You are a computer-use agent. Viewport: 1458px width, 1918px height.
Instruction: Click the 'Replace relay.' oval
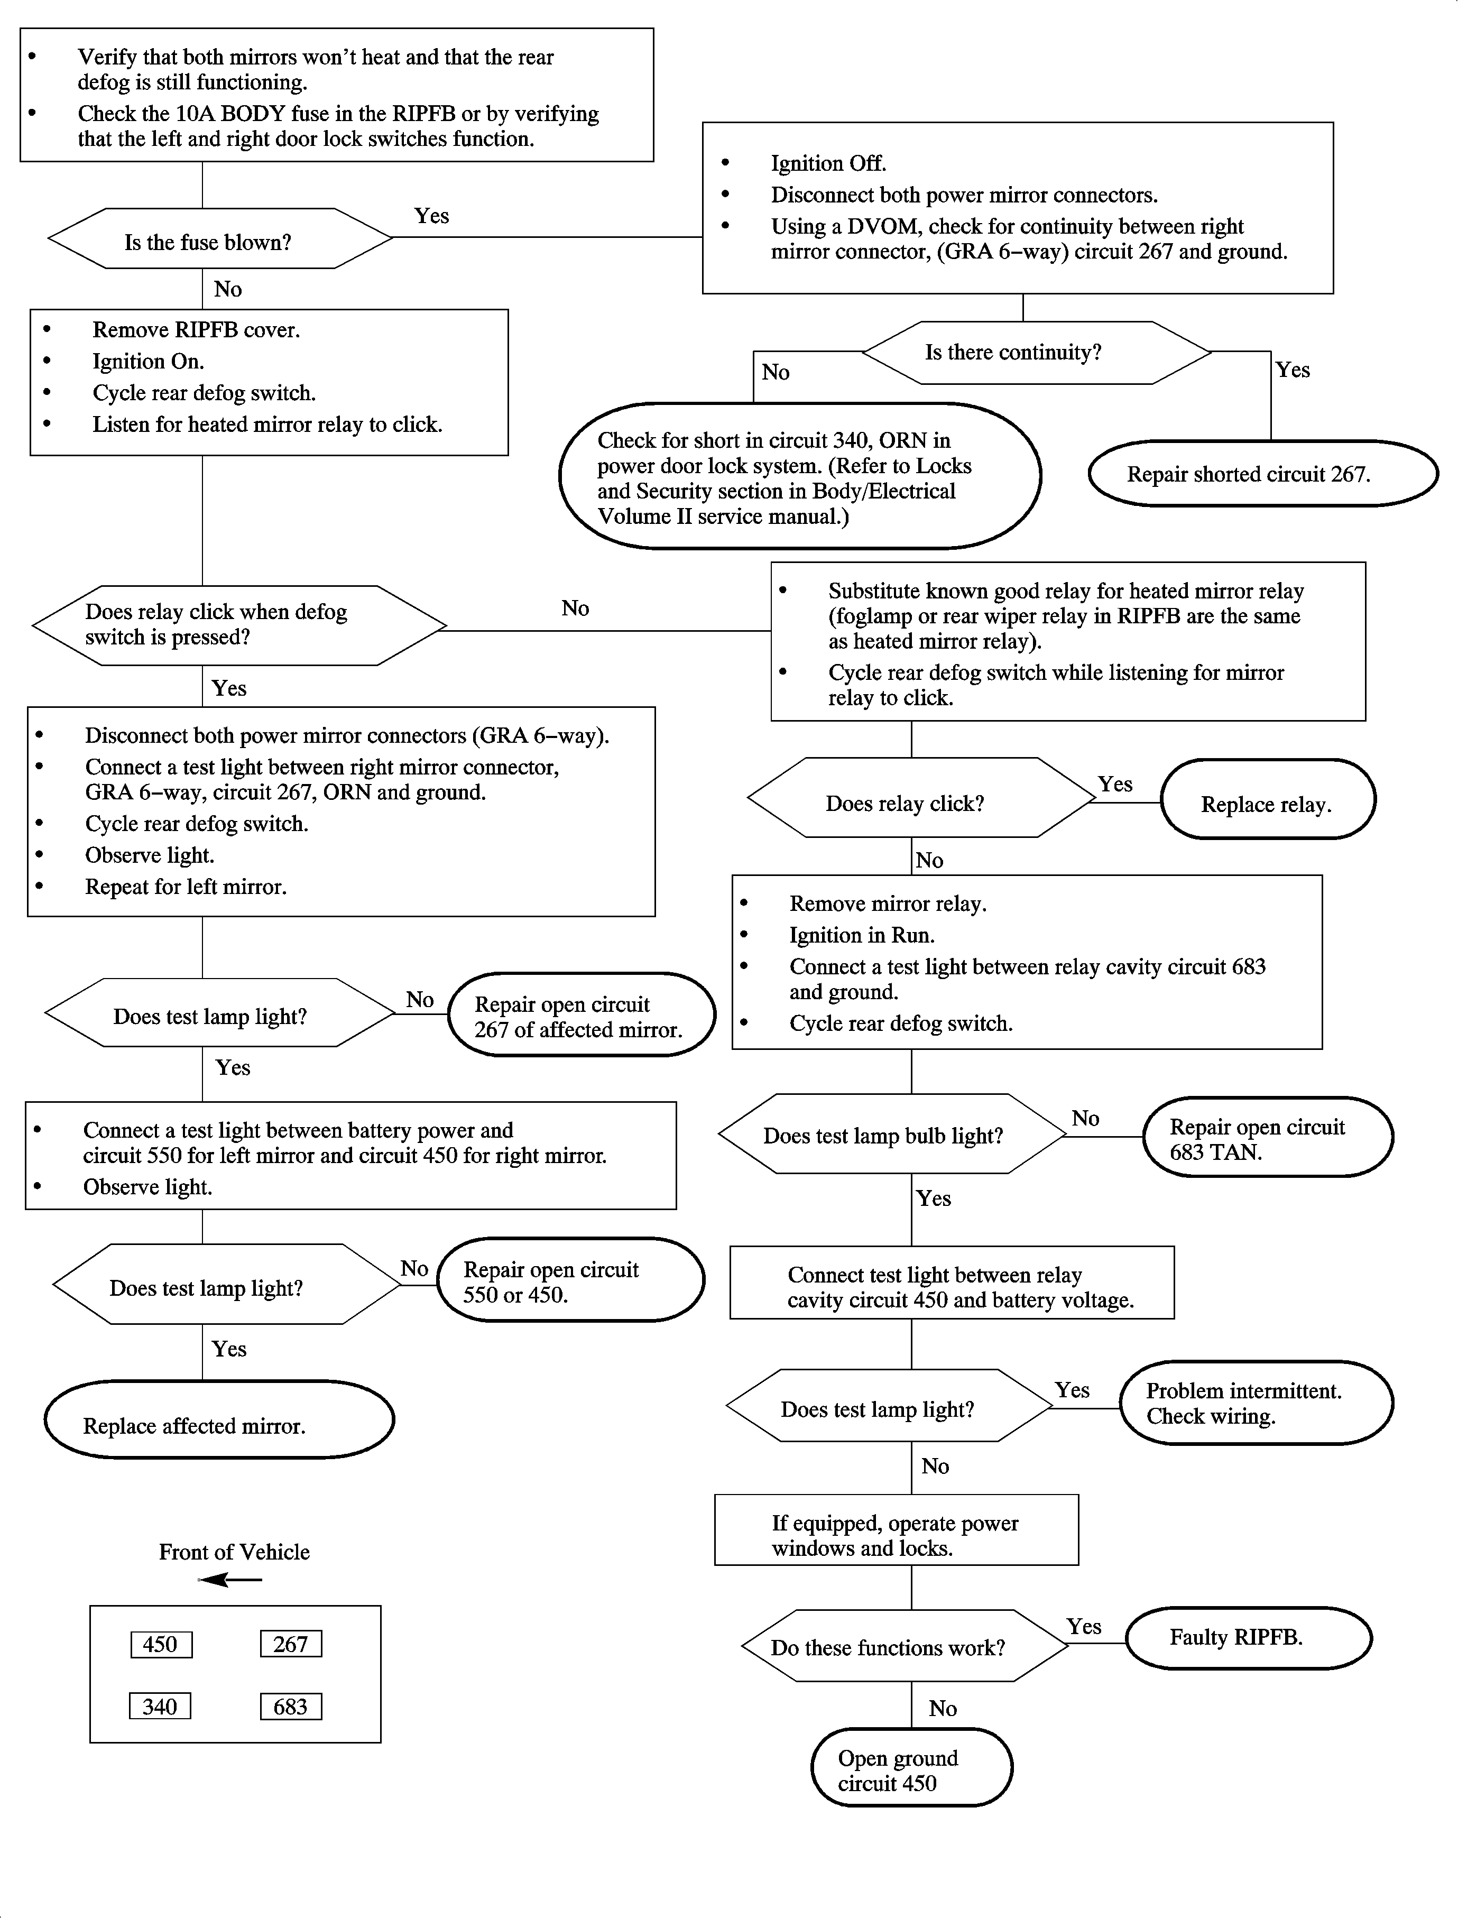point(1267,799)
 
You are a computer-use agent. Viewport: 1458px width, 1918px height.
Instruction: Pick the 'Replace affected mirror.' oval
point(219,1420)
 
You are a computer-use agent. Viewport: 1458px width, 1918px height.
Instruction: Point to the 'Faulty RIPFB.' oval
point(1248,1638)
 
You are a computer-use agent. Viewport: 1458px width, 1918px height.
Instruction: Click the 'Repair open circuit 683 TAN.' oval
point(1267,1137)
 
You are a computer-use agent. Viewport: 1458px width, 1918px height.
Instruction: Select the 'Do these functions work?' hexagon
point(905,1646)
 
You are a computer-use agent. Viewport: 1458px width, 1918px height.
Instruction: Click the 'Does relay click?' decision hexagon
point(920,798)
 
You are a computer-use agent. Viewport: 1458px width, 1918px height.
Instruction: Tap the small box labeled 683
point(291,1706)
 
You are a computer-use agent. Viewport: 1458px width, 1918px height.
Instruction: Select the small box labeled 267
point(291,1644)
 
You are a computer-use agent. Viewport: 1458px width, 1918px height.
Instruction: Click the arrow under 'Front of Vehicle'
point(230,1580)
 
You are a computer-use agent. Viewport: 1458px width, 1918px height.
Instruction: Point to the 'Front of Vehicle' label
point(234,1552)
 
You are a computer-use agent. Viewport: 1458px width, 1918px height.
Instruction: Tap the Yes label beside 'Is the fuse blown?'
point(431,215)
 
